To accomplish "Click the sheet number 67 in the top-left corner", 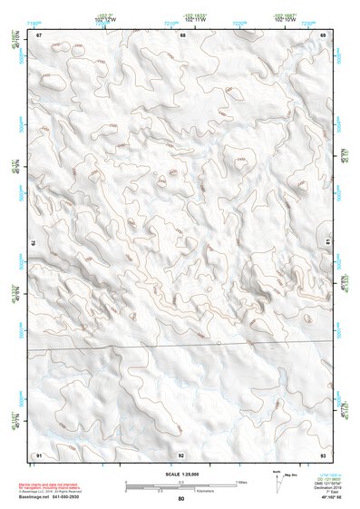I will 39,35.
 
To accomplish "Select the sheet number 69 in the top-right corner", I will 323,35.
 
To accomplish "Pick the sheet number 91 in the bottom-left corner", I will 39,454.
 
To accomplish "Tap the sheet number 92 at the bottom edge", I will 181,455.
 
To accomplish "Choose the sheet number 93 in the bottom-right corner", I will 323,454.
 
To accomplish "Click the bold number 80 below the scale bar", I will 181,499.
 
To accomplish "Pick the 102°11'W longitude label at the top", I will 194,21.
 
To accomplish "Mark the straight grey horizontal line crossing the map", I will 181,347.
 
